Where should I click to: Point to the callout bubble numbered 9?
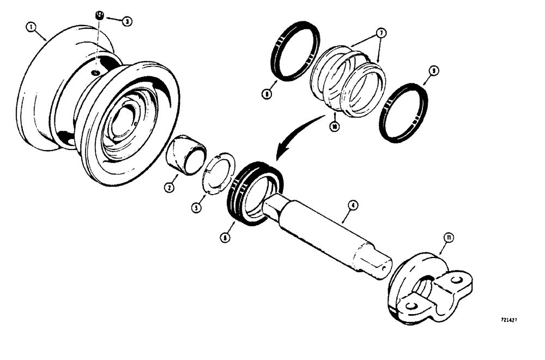click(x=433, y=70)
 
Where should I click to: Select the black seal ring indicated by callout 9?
click(x=403, y=112)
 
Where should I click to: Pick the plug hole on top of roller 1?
click(x=95, y=71)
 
